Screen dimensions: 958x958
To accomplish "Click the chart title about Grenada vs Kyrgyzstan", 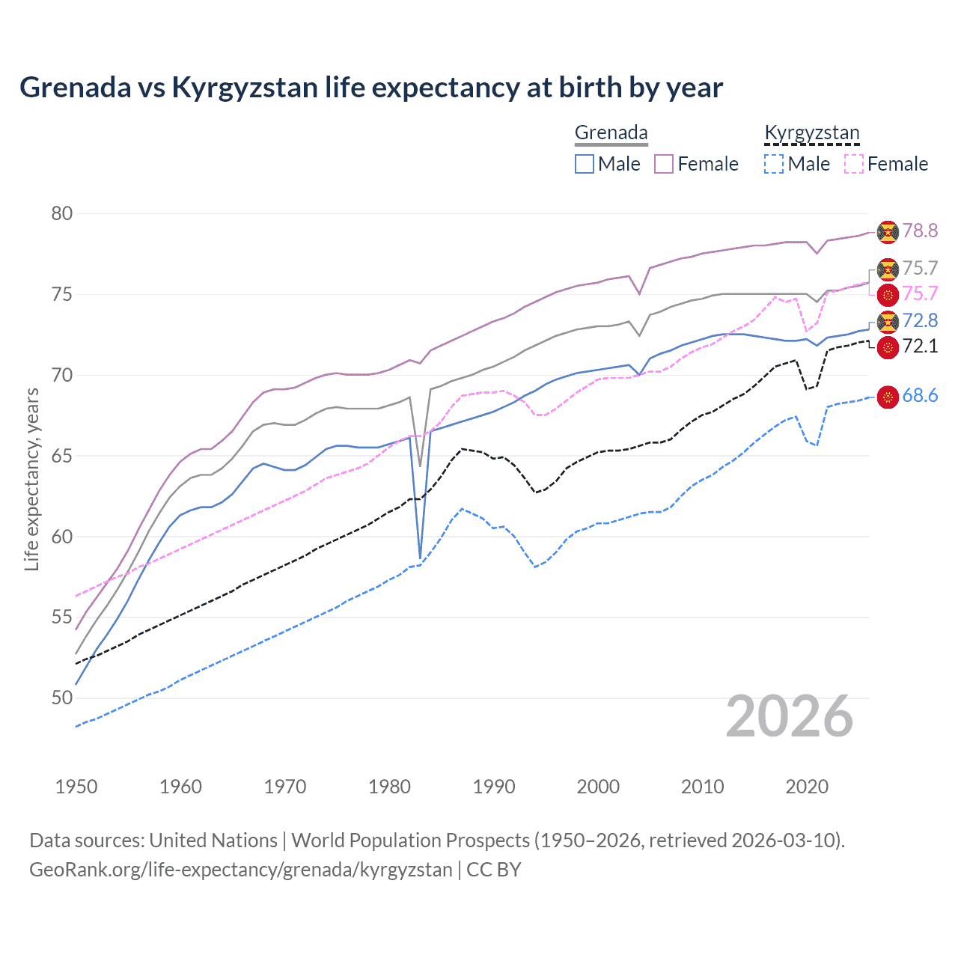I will [371, 88].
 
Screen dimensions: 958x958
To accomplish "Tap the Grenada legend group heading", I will [611, 133].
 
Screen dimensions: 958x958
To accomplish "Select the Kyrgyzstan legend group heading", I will [811, 133].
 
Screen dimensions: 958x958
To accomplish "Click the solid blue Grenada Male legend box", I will [585, 164].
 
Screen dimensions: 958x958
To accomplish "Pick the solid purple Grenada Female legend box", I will [664, 164].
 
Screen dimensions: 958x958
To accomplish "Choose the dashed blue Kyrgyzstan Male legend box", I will [774, 164].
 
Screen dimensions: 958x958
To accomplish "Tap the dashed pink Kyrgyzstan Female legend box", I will [853, 164].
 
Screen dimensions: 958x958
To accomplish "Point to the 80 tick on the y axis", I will [62, 214].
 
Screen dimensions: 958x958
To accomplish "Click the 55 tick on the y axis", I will [62, 617].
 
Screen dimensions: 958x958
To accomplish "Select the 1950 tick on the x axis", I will [76, 787].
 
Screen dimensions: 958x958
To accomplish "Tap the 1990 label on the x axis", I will [494, 787].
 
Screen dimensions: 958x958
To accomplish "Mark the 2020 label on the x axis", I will [807, 787].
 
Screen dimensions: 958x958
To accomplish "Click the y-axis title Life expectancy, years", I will [32, 479].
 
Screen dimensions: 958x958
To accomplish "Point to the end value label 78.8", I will [920, 231].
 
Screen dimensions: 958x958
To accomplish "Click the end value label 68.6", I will [920, 396].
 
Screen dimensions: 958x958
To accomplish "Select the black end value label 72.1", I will [920, 347].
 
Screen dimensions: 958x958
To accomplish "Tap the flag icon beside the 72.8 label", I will [888, 322].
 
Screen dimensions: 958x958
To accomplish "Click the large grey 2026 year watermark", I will [789, 716].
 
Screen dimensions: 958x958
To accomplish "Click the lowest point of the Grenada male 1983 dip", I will [421, 558].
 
